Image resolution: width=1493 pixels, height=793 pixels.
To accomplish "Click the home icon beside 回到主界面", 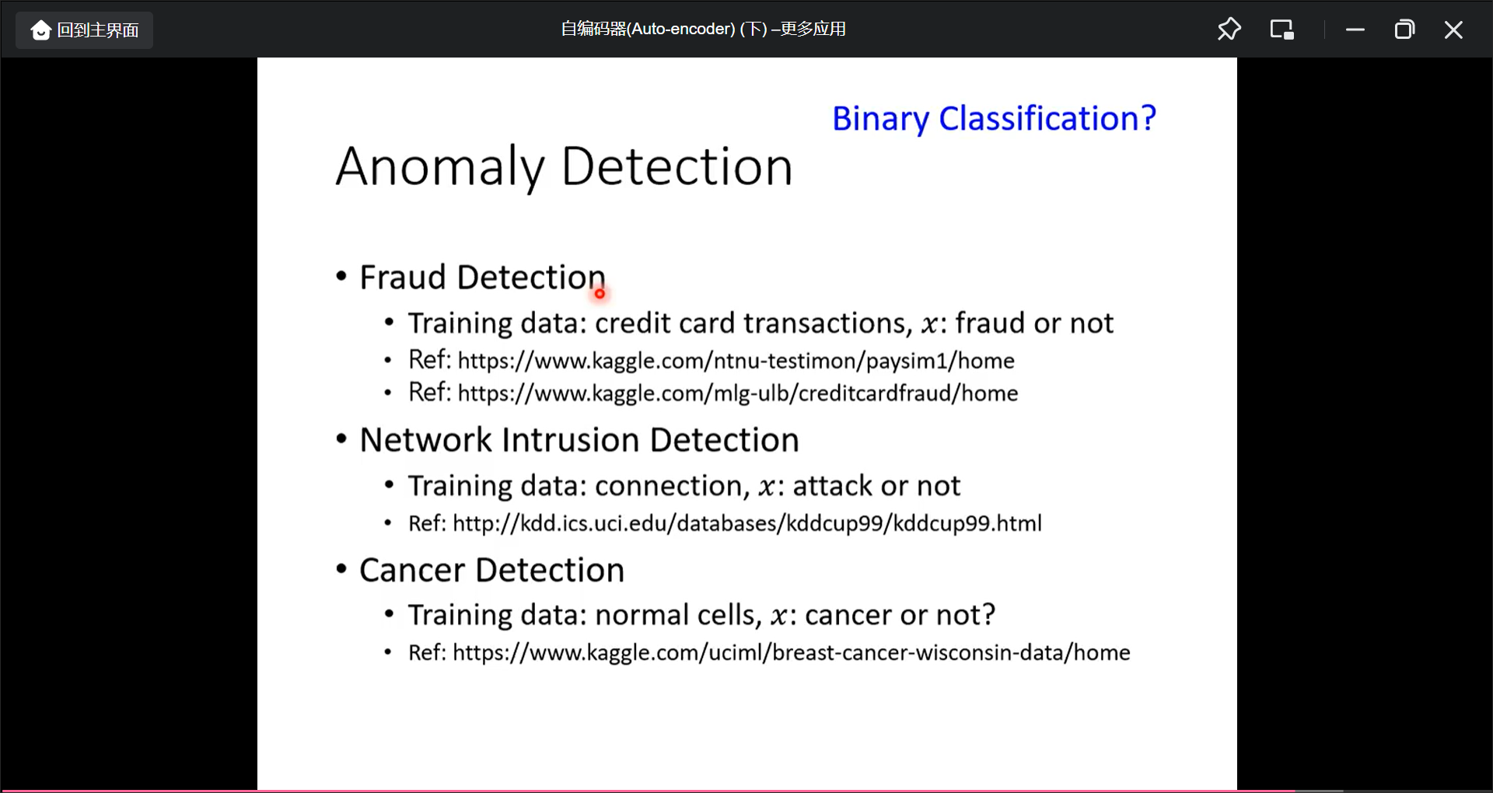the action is pyautogui.click(x=40, y=30).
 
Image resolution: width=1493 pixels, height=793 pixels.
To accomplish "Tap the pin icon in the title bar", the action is pyautogui.click(x=1229, y=30).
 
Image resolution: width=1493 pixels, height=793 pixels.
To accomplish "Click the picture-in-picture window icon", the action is pyautogui.click(x=1281, y=30).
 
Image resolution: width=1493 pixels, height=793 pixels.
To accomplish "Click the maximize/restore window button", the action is pyautogui.click(x=1404, y=30).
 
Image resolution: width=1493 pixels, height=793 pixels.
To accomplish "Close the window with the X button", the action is pyautogui.click(x=1453, y=30).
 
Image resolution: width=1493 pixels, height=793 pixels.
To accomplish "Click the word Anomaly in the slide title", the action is pyautogui.click(x=440, y=167).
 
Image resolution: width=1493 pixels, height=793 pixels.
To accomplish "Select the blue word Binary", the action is pyautogui.click(x=880, y=120).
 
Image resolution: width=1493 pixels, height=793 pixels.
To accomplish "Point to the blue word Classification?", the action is pyautogui.click(x=1047, y=119).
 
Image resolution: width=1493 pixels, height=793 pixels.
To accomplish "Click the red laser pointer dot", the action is pyautogui.click(x=600, y=293).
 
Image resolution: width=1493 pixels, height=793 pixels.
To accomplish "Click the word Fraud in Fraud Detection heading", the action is pyautogui.click(x=403, y=278).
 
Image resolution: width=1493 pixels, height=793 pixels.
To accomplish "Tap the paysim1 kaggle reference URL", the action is pyautogui.click(x=736, y=361).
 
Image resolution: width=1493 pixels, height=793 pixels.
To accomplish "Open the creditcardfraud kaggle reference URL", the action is pyautogui.click(x=738, y=393).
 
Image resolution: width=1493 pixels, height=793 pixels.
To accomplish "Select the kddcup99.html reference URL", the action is pyautogui.click(x=747, y=523).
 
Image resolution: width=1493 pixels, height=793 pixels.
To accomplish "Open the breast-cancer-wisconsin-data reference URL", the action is pyautogui.click(x=792, y=653).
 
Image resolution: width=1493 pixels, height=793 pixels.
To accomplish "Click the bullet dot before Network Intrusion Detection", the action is pyautogui.click(x=341, y=438).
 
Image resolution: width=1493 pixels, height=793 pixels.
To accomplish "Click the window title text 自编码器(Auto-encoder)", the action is pyautogui.click(x=648, y=30).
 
